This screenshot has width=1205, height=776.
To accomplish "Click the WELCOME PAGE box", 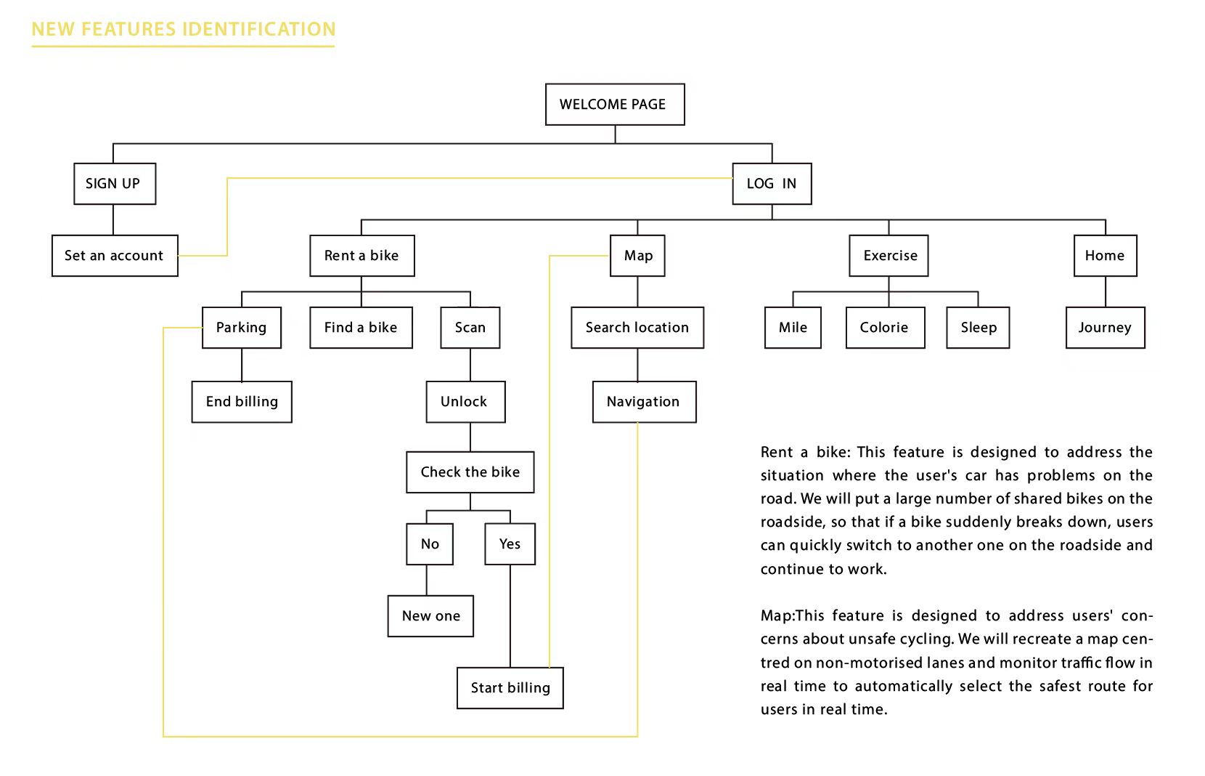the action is coord(615,105).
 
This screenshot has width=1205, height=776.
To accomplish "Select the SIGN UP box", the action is coord(115,184).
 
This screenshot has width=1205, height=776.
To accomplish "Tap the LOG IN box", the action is coord(772,184).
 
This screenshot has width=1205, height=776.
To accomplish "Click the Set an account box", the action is coord(115,256).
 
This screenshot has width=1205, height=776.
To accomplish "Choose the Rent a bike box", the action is coord(362,256).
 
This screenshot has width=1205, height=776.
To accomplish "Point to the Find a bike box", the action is coord(361,328).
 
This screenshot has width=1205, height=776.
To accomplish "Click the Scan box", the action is coord(470,328).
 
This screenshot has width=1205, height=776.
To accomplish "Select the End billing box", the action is coord(242,402).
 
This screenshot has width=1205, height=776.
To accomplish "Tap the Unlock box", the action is coord(466,402).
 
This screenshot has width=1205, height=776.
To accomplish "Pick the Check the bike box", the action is coord(470,472).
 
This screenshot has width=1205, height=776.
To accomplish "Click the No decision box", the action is coord(430,544).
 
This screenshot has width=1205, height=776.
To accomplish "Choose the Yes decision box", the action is coord(510,544).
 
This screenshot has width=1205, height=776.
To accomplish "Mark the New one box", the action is coord(430,616).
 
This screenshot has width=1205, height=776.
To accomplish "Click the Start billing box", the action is coord(510,688).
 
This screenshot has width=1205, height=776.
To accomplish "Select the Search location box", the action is coord(637,328).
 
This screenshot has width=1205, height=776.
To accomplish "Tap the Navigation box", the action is coord(645,402).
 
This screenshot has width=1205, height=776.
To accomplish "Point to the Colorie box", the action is coord(886,328).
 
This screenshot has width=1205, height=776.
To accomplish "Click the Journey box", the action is coord(1106,328).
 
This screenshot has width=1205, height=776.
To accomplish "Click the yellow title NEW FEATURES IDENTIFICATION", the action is coord(184,29).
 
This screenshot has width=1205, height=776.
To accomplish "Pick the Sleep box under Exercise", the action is coord(978,328).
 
